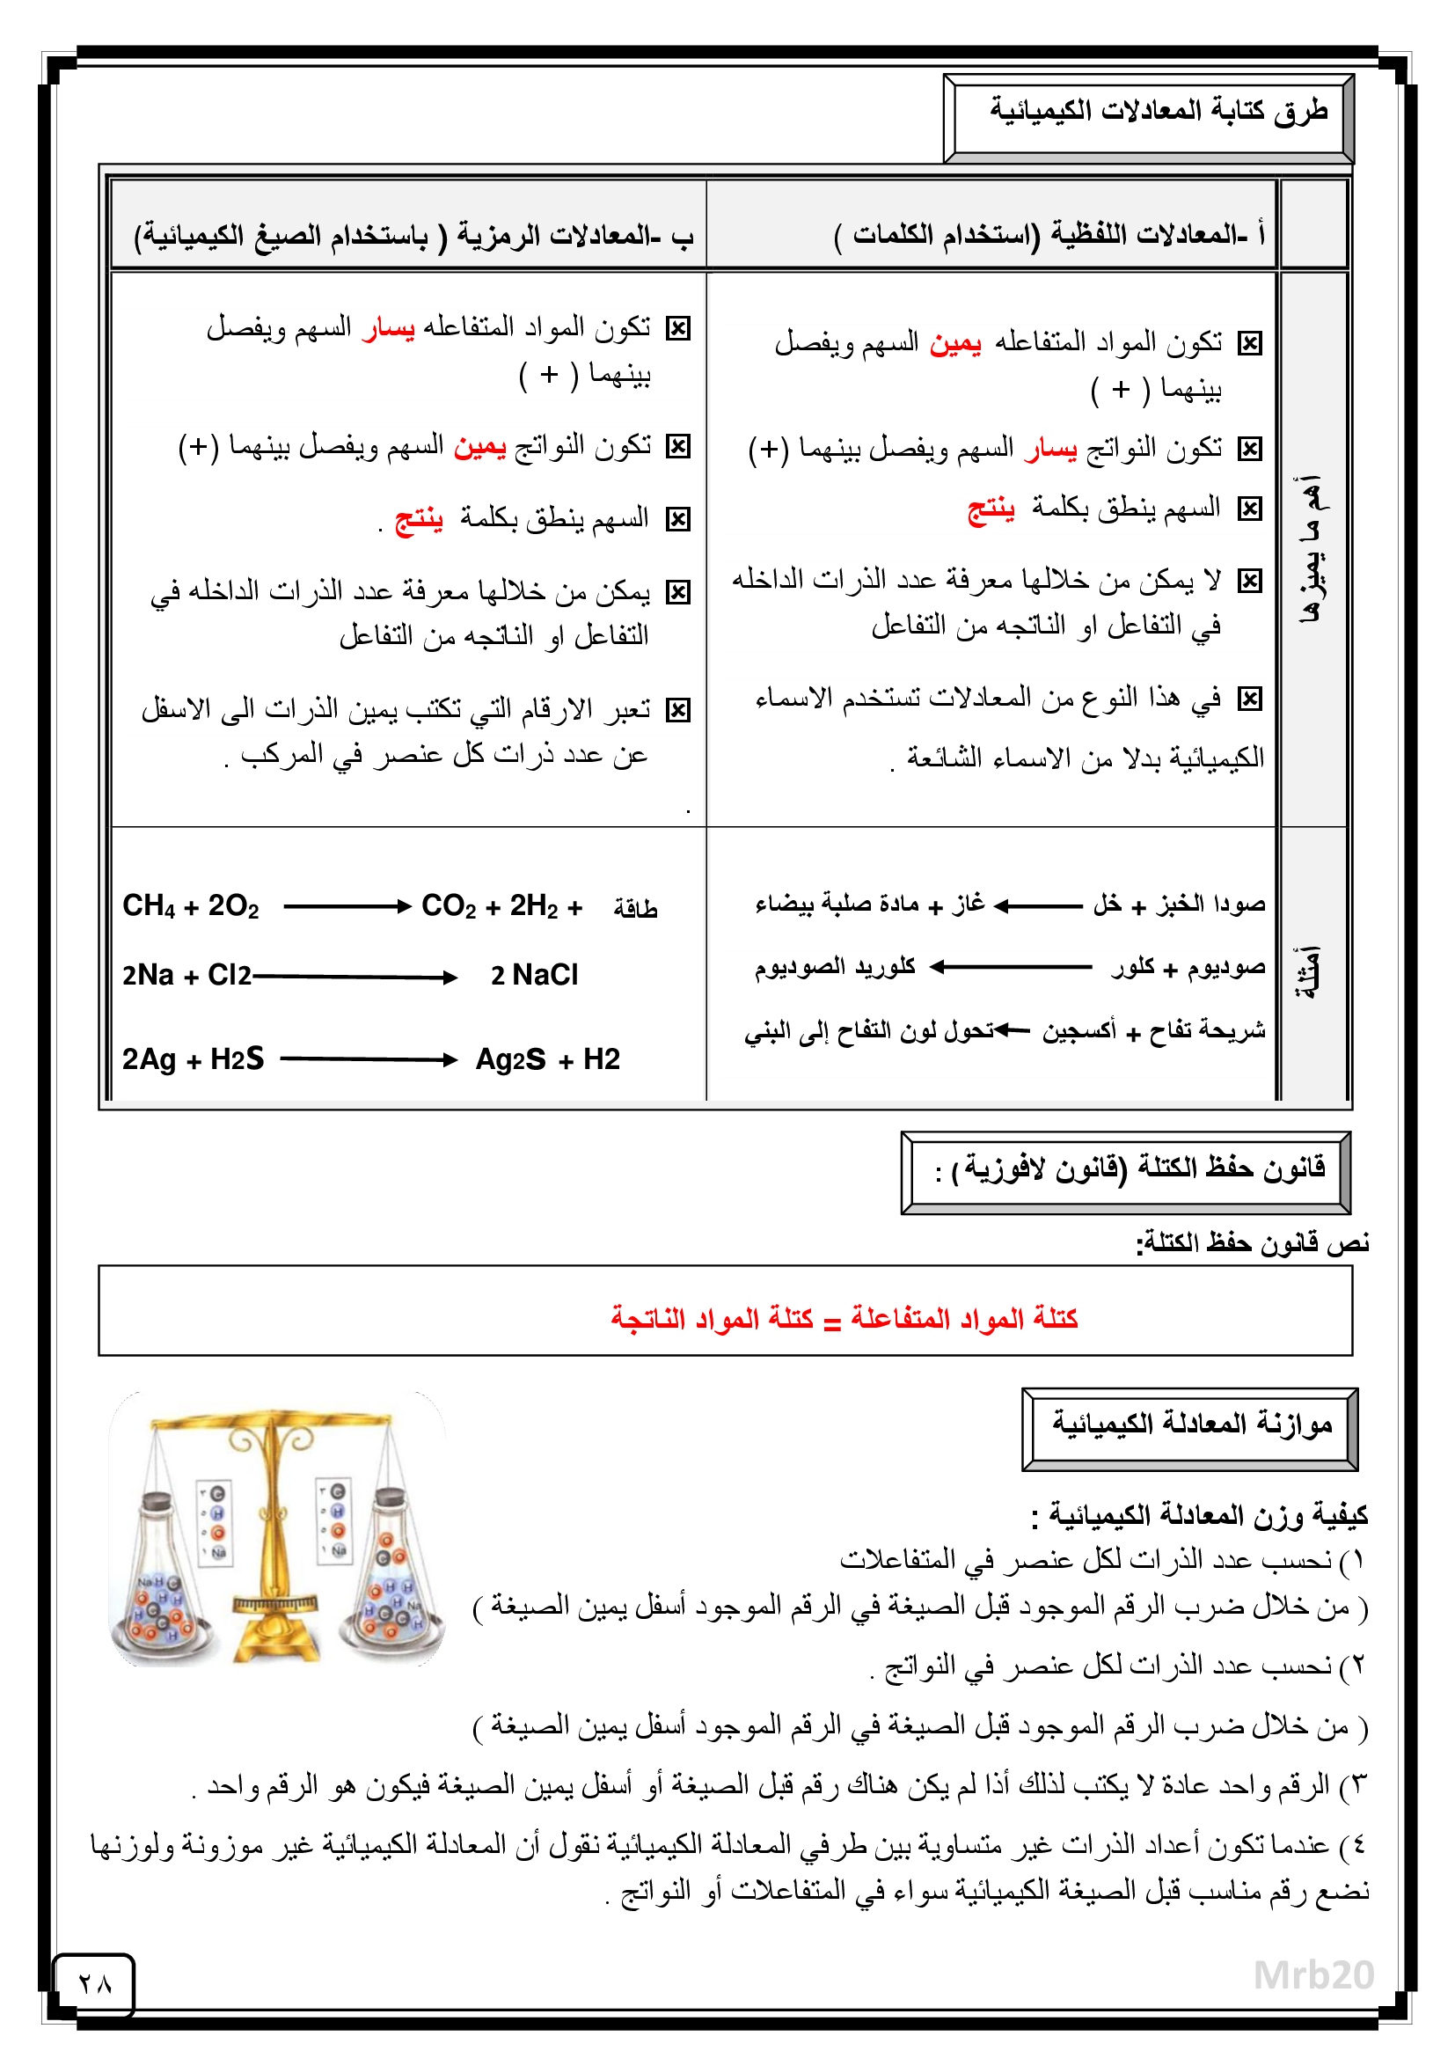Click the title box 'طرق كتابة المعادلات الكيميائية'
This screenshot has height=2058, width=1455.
coord(1156,113)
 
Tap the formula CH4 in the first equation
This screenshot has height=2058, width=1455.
coord(149,906)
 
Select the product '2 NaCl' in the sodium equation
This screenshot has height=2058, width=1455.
coord(534,975)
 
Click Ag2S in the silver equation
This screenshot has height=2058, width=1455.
coord(510,1059)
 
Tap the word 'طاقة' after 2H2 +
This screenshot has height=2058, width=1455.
coord(635,909)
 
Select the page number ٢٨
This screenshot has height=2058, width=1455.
coord(94,1984)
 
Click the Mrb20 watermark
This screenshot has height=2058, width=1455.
coord(1312,1974)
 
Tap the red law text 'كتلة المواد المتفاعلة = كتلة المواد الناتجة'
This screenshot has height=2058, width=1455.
coord(844,1319)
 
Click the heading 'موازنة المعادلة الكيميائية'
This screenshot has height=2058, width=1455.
coord(1192,1424)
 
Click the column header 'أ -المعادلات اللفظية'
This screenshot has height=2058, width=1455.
coord(1049,235)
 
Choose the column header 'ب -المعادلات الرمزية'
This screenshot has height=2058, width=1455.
coord(414,236)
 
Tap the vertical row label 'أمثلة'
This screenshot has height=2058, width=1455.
coord(1310,973)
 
